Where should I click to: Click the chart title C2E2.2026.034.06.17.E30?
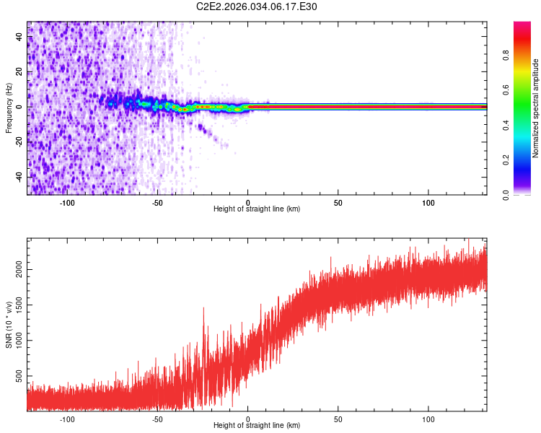point(257,6)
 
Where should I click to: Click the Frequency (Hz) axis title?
point(9,108)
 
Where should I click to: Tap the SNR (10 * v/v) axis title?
point(9,325)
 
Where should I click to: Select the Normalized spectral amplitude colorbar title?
point(536,108)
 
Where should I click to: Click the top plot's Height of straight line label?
point(257,209)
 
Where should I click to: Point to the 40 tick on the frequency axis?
point(19,37)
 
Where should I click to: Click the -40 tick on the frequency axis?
point(19,177)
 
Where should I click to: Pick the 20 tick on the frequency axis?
point(19,72)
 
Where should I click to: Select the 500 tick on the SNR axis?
point(19,377)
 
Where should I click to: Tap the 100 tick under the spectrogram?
point(428,203)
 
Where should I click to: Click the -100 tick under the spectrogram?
point(68,203)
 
